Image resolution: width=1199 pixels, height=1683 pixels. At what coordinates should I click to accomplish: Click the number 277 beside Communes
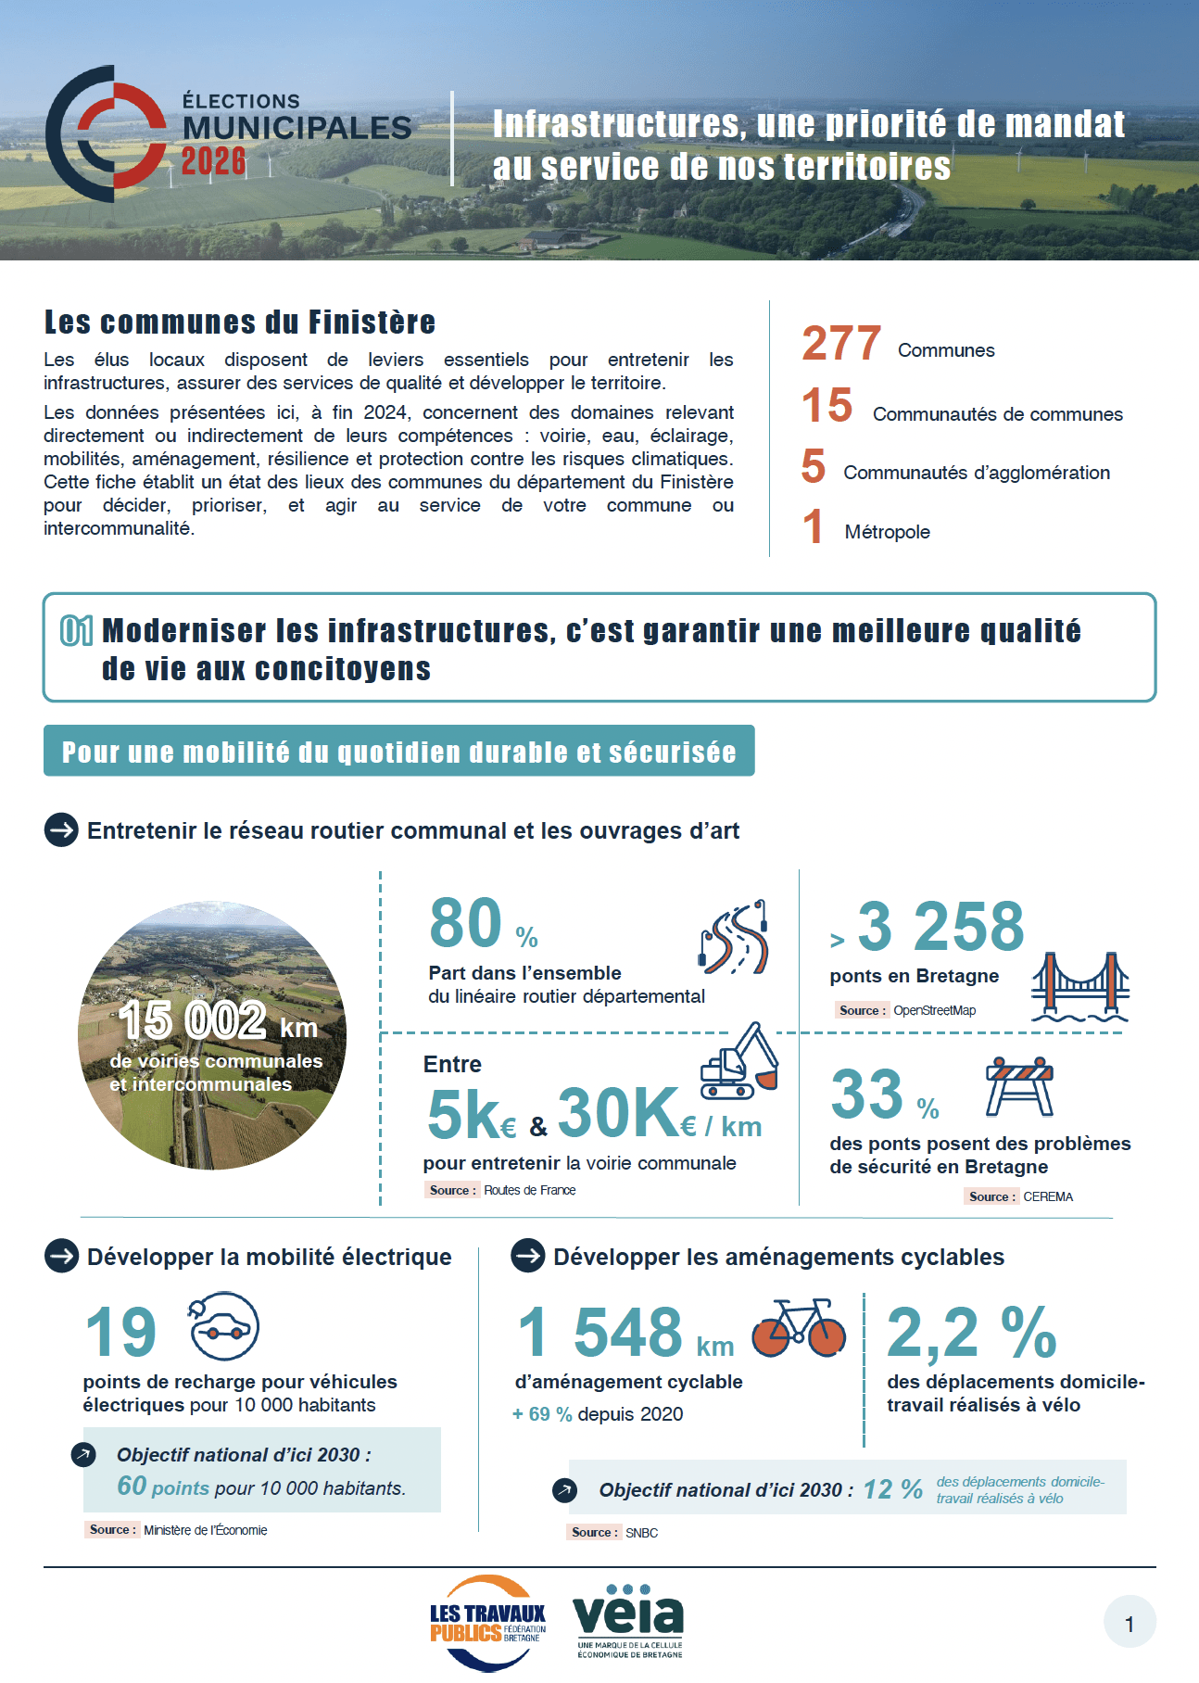pos(841,344)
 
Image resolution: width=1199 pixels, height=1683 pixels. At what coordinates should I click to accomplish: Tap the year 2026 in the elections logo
pos(213,161)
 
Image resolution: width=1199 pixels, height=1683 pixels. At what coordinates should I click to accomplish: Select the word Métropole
pos(887,532)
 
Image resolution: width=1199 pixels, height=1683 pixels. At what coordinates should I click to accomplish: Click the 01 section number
pos(77,631)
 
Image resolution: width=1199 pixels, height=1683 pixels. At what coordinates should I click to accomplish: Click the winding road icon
pos(734,938)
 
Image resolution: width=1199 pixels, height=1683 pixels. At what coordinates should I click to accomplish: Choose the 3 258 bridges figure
pos(940,927)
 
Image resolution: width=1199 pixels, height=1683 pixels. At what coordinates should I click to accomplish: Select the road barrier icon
pos(1019,1085)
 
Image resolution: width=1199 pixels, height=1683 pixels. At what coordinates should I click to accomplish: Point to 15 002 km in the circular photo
pos(218,1021)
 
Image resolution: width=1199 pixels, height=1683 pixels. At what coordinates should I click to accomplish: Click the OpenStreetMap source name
pos(934,1010)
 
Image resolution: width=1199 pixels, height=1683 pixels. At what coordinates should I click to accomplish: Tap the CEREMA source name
pos(1048,1196)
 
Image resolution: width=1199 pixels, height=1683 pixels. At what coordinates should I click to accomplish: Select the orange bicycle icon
pos(798,1328)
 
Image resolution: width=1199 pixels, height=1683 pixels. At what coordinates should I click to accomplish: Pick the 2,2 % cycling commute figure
pos(971,1333)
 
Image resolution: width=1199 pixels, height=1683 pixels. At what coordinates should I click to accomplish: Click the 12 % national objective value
pos(892,1489)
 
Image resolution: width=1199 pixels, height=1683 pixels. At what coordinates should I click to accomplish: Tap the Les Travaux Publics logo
pos(488,1623)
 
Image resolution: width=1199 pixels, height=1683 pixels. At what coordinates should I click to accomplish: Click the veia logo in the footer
pos(628,1621)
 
